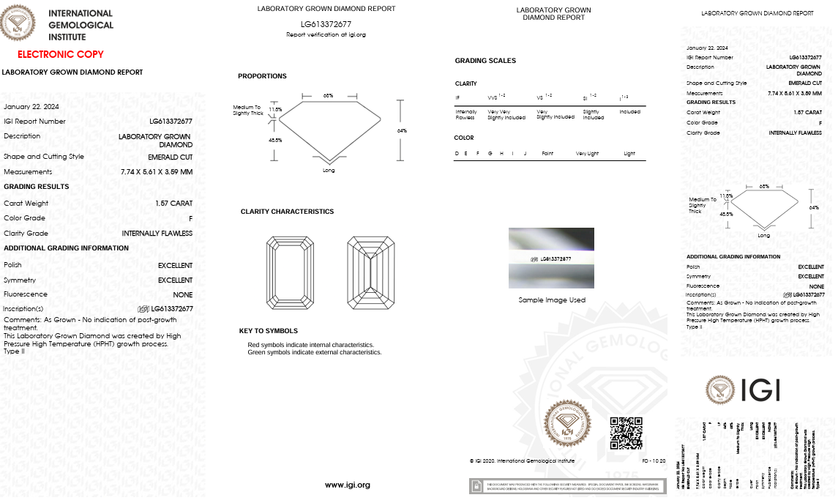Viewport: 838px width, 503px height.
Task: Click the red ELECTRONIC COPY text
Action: tap(61, 54)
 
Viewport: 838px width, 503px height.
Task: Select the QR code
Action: tap(626, 433)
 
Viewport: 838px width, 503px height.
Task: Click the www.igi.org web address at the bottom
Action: tap(348, 485)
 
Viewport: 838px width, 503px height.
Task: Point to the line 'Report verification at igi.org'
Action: tap(326, 34)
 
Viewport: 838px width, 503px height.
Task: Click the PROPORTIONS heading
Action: tap(262, 76)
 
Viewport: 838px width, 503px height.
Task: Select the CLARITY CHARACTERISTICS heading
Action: tap(287, 212)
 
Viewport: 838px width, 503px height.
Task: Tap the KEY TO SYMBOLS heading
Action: tap(268, 331)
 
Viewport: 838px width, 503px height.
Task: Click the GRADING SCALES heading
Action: tap(485, 61)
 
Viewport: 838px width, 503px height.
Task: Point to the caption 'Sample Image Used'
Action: tap(552, 300)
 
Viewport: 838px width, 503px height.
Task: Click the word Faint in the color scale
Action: tap(547, 154)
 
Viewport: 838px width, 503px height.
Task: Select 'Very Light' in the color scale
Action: tap(587, 154)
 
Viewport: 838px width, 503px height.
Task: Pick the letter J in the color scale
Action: tap(525, 154)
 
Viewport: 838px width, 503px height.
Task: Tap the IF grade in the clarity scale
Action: tap(458, 97)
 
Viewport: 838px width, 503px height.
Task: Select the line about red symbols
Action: tap(310, 345)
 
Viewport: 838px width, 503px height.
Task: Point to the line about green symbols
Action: tap(315, 352)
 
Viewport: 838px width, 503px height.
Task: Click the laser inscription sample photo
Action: tap(551, 258)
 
